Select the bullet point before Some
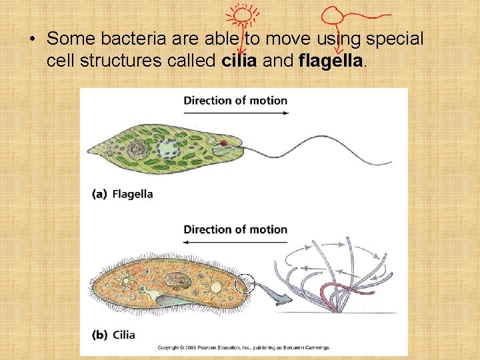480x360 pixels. (32, 39)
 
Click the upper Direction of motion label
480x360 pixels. (235, 101)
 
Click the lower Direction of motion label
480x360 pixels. (235, 229)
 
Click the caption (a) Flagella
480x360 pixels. (123, 194)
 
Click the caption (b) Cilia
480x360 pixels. (114, 334)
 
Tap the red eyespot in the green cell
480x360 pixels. (224, 143)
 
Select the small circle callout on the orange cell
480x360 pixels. (245, 285)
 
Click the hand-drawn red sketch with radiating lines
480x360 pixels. (241, 15)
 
